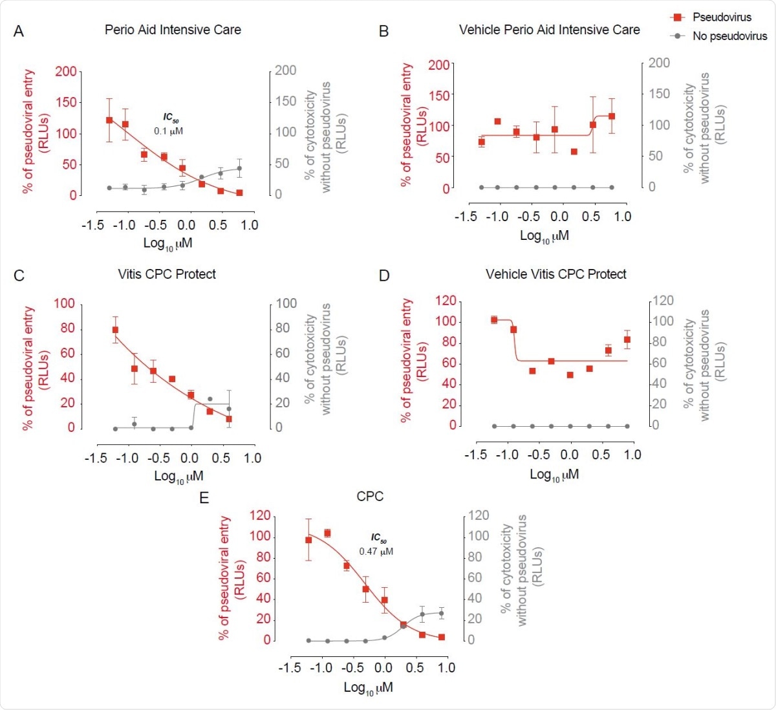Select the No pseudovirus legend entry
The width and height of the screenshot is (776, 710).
[x=729, y=36]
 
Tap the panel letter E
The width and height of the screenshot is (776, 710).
[x=204, y=498]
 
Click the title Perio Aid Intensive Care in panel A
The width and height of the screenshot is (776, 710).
[x=173, y=30]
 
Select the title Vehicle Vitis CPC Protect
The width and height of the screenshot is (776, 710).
[x=555, y=274]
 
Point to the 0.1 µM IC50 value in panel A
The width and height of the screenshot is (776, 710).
[x=168, y=131]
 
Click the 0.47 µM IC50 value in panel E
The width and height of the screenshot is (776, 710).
[x=376, y=552]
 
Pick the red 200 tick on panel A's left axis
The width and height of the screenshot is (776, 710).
[x=65, y=71]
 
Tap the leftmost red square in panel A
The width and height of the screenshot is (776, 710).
[x=109, y=120]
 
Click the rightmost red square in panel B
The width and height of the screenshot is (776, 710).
[x=612, y=116]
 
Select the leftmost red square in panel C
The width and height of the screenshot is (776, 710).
[x=115, y=330]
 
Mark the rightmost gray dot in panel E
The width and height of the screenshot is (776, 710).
[x=442, y=612]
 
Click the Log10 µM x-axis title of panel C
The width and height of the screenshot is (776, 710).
[x=178, y=477]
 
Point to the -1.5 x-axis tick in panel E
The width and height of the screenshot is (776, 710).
[x=290, y=667]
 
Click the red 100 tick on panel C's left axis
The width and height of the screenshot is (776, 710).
[x=64, y=304]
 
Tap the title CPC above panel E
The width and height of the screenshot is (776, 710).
[x=370, y=497]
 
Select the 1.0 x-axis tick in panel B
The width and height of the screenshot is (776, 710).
[x=622, y=217]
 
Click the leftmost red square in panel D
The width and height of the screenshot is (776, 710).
[x=494, y=319]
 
